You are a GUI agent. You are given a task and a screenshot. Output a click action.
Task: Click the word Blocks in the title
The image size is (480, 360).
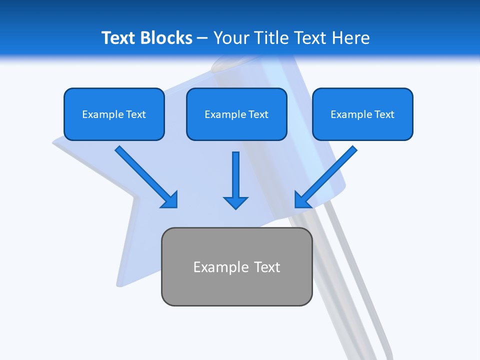167,38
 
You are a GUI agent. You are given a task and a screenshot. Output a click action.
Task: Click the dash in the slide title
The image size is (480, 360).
202,38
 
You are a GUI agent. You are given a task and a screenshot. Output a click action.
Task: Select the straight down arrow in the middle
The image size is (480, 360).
236,175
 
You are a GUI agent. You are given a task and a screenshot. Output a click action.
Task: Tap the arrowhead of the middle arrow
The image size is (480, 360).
236,202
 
